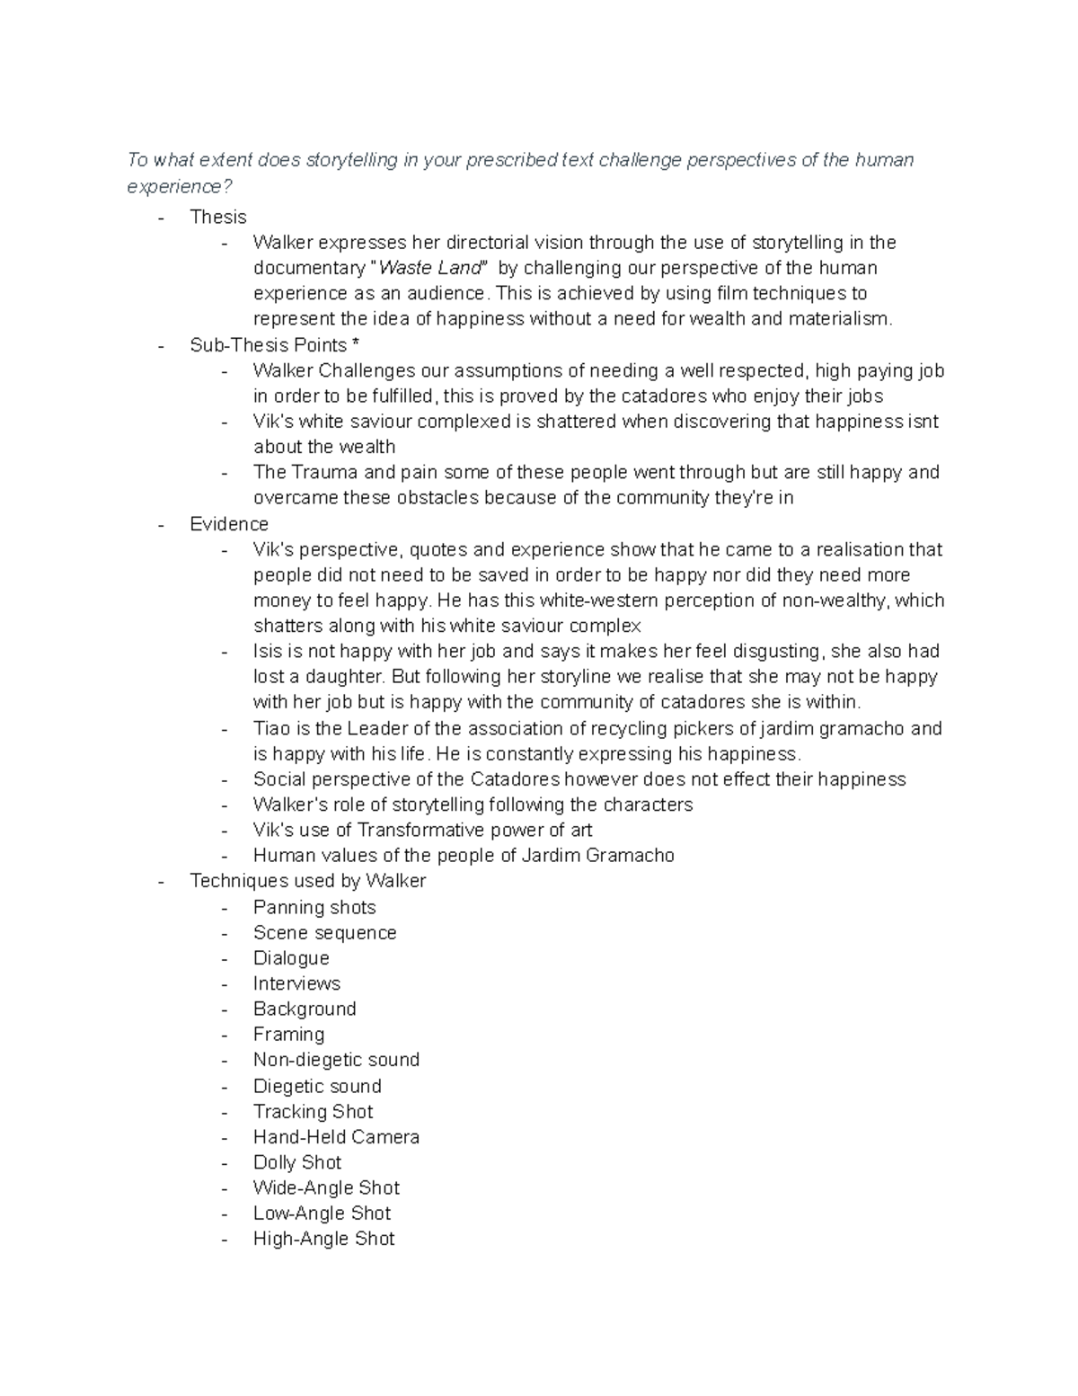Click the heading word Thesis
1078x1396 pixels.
[218, 217]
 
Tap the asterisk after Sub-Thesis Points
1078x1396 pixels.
[356, 345]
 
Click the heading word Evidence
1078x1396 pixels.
[229, 524]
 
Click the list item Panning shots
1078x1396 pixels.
[314, 907]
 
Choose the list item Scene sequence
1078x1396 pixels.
[324, 932]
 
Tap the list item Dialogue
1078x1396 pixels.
[291, 958]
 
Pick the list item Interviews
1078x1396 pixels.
[296, 983]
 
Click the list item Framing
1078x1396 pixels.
[288, 1035]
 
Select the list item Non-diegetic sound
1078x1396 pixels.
[336, 1060]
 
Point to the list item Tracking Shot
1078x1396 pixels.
[313, 1111]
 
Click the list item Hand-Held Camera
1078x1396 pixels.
[336, 1137]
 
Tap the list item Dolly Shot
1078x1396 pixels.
[297, 1162]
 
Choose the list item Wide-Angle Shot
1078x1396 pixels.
[326, 1187]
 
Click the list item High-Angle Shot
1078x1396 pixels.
[323, 1239]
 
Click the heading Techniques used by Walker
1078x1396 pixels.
[308, 881]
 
